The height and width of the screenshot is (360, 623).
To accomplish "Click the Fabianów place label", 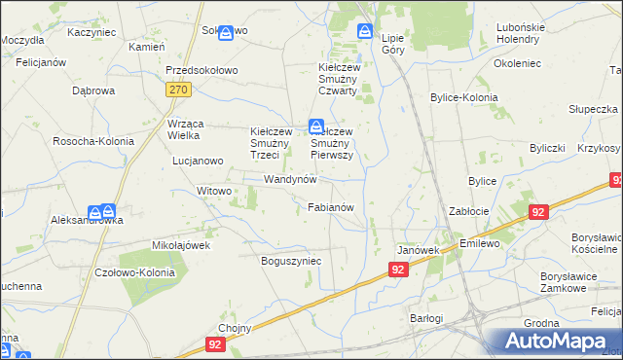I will pos(336,207).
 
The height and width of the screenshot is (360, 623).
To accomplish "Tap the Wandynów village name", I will pos(291,180).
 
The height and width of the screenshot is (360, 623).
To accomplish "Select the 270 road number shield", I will pos(176,90).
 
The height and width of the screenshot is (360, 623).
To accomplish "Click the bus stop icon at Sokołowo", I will pos(226,32).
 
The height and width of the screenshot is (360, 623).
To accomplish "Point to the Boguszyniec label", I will pos(291,261).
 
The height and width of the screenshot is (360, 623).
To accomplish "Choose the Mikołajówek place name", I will pos(181,245).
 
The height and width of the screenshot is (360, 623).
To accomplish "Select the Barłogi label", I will pos(425,318).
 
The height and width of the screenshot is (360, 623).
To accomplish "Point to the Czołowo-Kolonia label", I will pos(134,272).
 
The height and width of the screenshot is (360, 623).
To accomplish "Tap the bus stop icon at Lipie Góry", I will pos(365,31).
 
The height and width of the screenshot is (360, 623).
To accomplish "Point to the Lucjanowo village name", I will pos(196,161).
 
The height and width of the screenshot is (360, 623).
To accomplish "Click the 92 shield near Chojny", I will pos(215,344).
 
